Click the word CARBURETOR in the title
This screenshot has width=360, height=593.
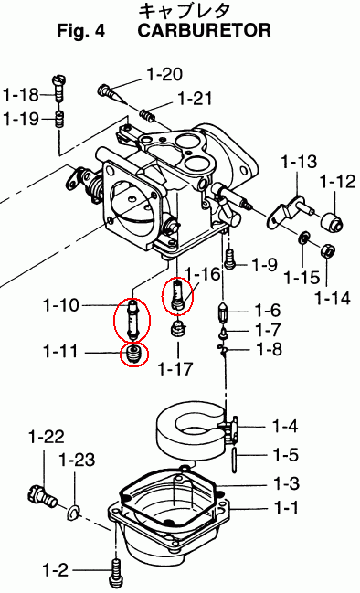204,30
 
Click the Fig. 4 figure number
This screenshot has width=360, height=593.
81,31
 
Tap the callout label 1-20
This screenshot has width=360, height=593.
164,75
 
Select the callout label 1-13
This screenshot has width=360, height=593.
299,162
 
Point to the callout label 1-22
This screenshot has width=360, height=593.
47,437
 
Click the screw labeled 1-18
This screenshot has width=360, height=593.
59,89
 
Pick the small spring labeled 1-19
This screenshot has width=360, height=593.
60,120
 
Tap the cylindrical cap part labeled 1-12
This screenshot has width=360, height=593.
333,221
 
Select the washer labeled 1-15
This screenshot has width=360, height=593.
303,238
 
